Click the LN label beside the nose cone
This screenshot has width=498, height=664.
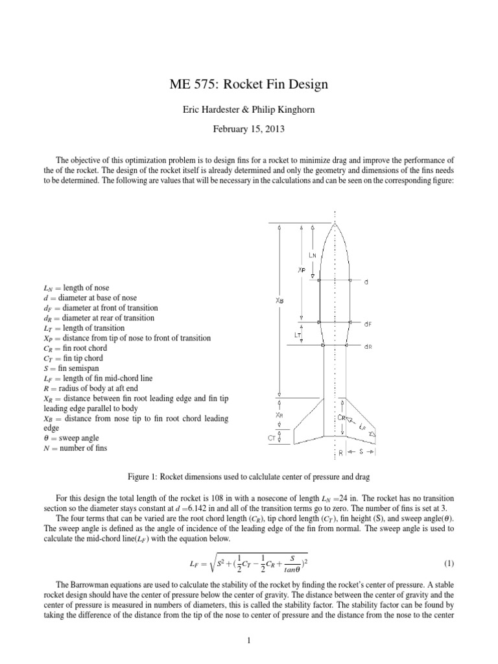tap(312, 255)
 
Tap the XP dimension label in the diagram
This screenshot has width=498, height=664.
tap(302, 269)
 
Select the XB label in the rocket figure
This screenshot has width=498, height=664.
tap(279, 299)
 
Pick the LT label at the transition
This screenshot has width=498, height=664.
tap(299, 335)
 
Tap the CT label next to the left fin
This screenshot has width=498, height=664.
tap(272, 438)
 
